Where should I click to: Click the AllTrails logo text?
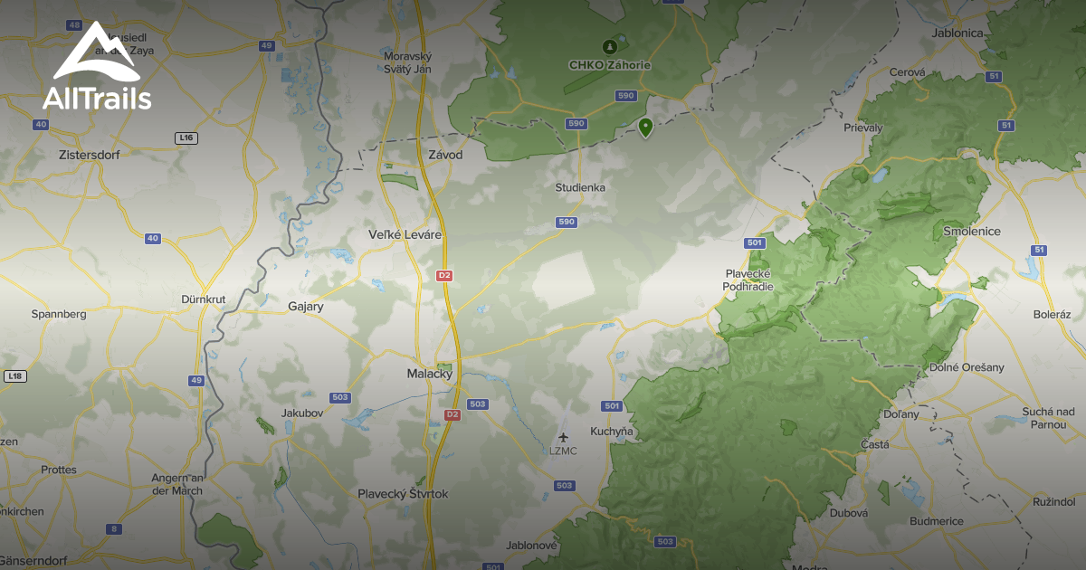click(97, 99)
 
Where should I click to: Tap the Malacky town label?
click(430, 374)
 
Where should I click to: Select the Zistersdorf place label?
click(88, 155)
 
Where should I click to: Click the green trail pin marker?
click(645, 128)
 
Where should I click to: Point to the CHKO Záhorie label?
click(609, 65)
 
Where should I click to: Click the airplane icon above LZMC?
click(563, 438)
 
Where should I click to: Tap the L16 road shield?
click(186, 138)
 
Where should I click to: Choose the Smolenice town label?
click(972, 232)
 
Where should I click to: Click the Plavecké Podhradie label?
click(747, 280)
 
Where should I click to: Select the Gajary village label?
click(305, 307)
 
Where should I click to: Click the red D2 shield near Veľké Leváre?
click(443, 275)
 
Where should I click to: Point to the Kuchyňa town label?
click(611, 432)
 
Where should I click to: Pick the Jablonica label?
click(957, 33)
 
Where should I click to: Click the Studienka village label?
click(580, 187)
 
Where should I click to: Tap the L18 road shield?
click(14, 375)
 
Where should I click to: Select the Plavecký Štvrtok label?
click(403, 494)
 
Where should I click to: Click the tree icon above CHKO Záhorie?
click(609, 46)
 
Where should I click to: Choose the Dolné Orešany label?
click(967, 367)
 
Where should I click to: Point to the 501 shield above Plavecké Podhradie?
click(755, 243)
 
